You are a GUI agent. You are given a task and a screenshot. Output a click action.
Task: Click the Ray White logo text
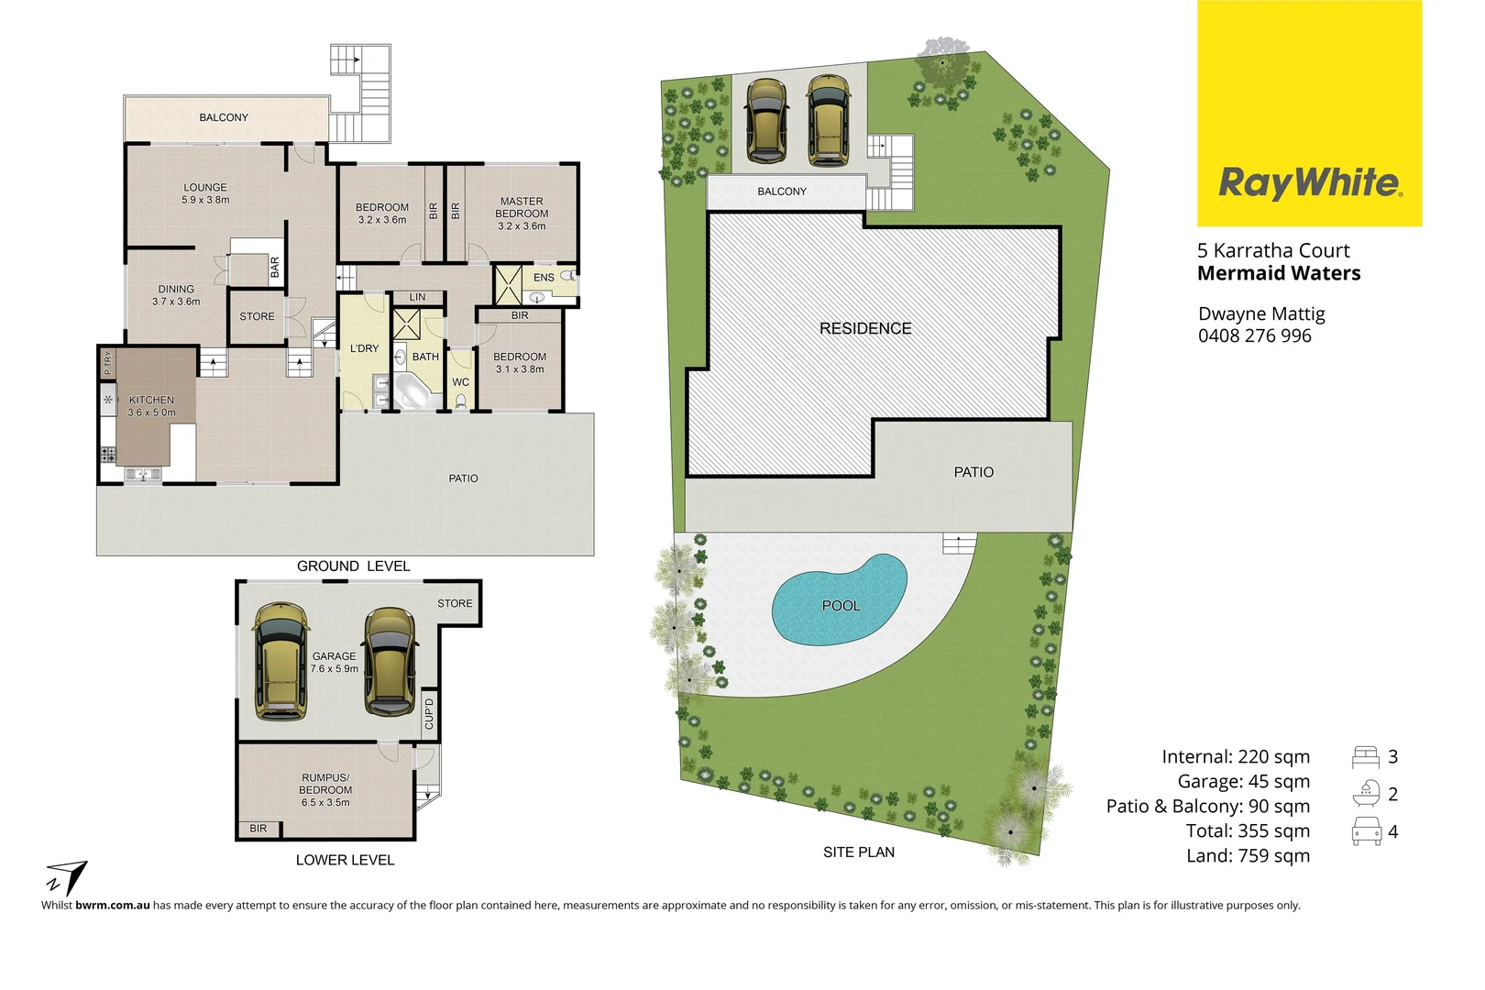(x=1309, y=182)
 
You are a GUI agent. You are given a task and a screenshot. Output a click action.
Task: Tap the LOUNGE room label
(x=205, y=188)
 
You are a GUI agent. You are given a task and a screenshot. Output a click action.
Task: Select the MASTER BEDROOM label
(x=522, y=207)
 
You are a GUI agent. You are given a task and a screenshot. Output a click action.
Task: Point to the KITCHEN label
(x=151, y=400)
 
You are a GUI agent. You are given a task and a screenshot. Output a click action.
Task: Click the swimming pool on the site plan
(x=840, y=598)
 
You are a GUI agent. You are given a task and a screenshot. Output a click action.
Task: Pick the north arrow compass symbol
(x=66, y=876)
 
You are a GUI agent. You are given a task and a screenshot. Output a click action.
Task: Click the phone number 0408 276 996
(x=1254, y=335)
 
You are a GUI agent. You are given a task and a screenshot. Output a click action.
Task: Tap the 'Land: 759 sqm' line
(x=1248, y=855)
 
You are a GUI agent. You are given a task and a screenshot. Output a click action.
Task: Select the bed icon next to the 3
(x=1365, y=757)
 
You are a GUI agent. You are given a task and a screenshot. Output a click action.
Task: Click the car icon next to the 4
(x=1366, y=831)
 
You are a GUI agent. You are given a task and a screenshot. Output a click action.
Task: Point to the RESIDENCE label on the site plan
(x=865, y=328)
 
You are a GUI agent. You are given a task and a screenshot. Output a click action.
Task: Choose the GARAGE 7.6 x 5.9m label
(x=335, y=662)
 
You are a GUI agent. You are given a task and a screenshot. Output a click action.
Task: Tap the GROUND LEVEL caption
(x=353, y=566)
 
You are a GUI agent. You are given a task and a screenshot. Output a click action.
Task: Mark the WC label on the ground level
(x=460, y=382)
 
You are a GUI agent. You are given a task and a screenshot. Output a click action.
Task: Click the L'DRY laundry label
(x=364, y=348)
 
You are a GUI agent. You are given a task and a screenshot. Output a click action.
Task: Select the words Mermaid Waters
(x=1279, y=273)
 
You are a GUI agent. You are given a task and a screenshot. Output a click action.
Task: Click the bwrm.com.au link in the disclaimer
(x=113, y=905)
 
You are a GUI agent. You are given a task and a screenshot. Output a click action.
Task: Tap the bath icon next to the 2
(x=1365, y=794)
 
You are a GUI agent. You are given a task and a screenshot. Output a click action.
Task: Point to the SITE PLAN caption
(x=858, y=852)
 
